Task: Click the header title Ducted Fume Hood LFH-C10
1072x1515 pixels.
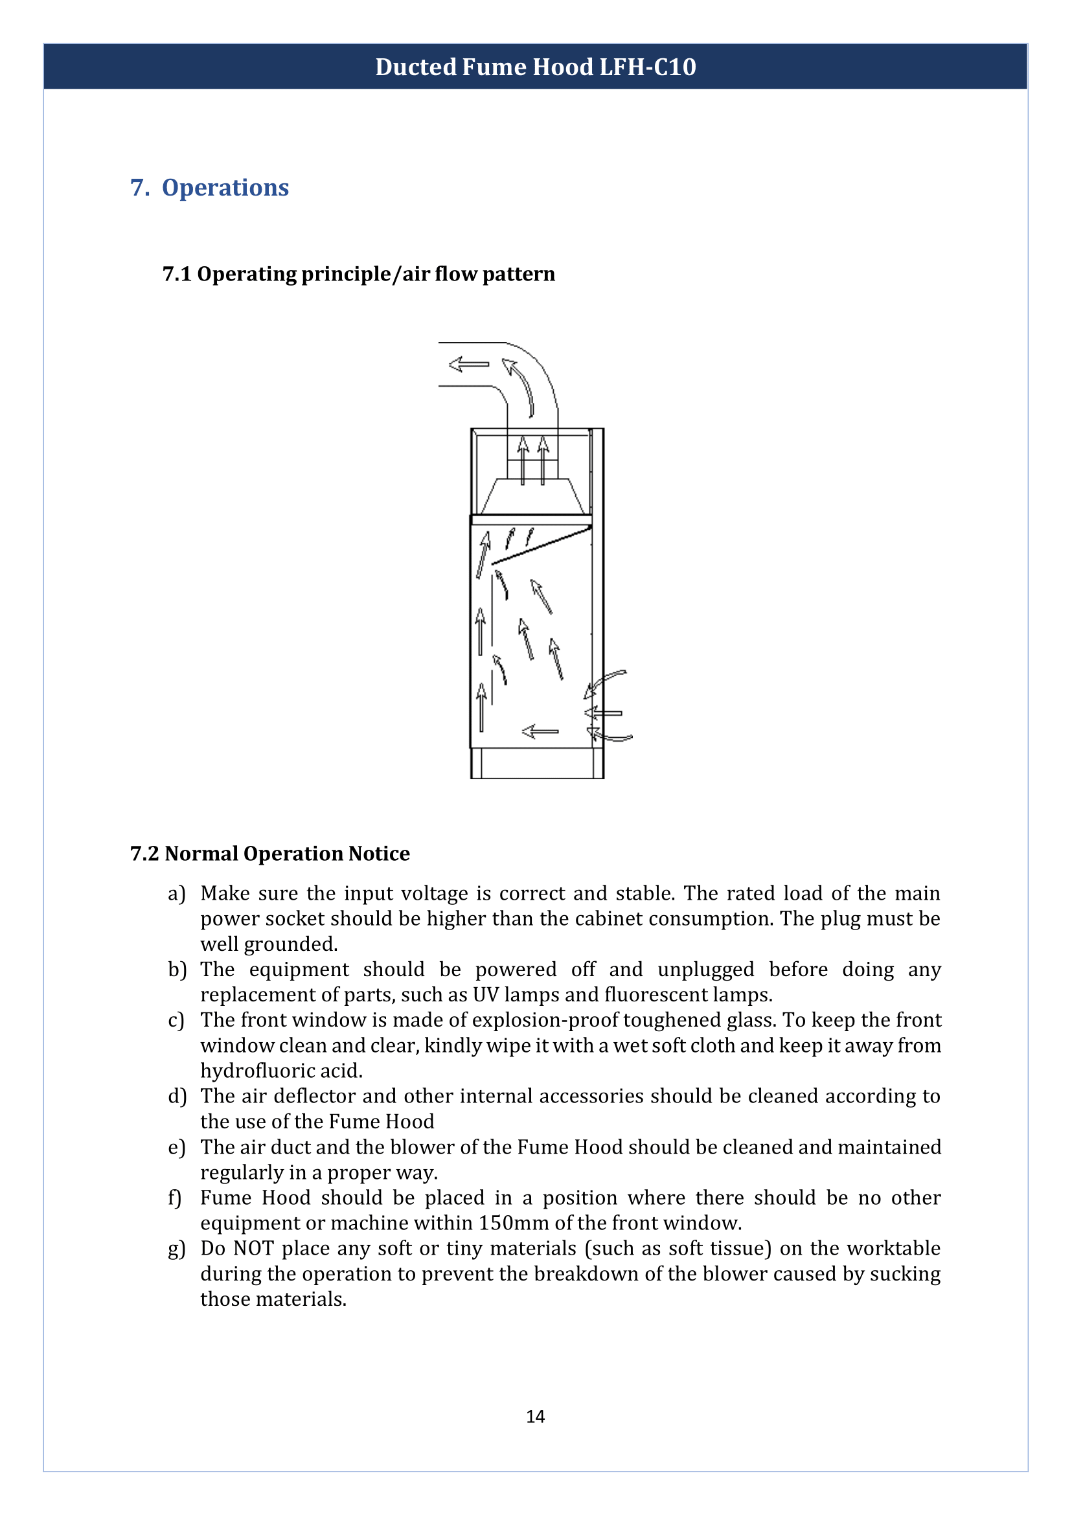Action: tap(535, 67)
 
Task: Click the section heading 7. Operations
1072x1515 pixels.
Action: tap(209, 187)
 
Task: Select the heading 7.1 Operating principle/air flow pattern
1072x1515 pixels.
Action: tap(358, 274)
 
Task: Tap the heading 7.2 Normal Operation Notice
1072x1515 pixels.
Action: tap(270, 854)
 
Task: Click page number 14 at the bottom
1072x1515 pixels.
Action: tap(535, 1417)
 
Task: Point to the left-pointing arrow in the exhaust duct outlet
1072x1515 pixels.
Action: tap(469, 364)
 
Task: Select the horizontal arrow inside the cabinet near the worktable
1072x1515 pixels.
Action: tap(540, 731)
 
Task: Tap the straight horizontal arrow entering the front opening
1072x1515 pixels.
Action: tap(604, 713)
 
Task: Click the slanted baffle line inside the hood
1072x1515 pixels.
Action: tap(542, 545)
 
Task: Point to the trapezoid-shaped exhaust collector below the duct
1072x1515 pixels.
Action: tap(532, 496)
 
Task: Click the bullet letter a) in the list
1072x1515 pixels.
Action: tap(176, 894)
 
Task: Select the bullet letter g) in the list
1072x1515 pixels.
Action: tap(176, 1249)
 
